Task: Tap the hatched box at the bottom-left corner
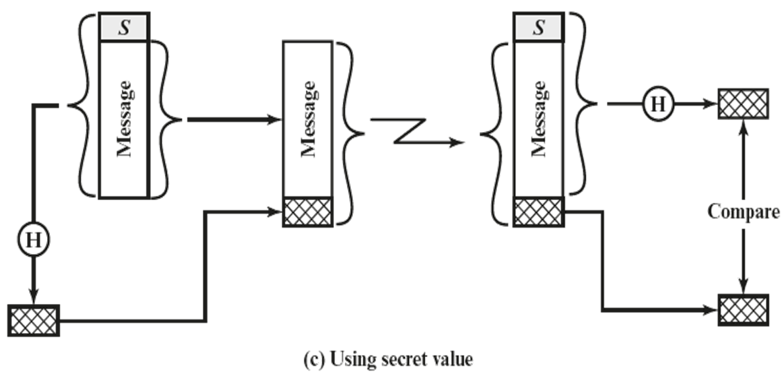click(34, 319)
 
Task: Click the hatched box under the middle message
click(308, 211)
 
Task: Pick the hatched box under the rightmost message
click(537, 211)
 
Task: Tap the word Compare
click(744, 212)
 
